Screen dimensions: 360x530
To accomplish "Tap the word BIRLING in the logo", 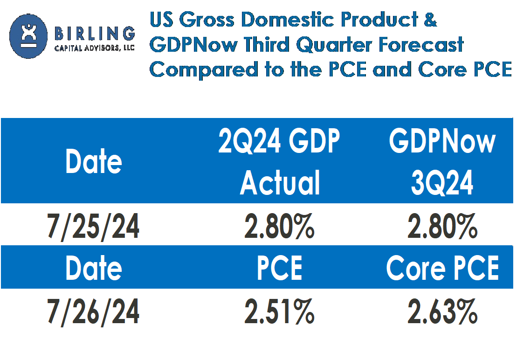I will [95, 34].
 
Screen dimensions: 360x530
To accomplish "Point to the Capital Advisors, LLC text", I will [95, 48].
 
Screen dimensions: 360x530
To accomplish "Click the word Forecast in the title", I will [422, 44].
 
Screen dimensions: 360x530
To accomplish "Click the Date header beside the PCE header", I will [93, 269].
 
